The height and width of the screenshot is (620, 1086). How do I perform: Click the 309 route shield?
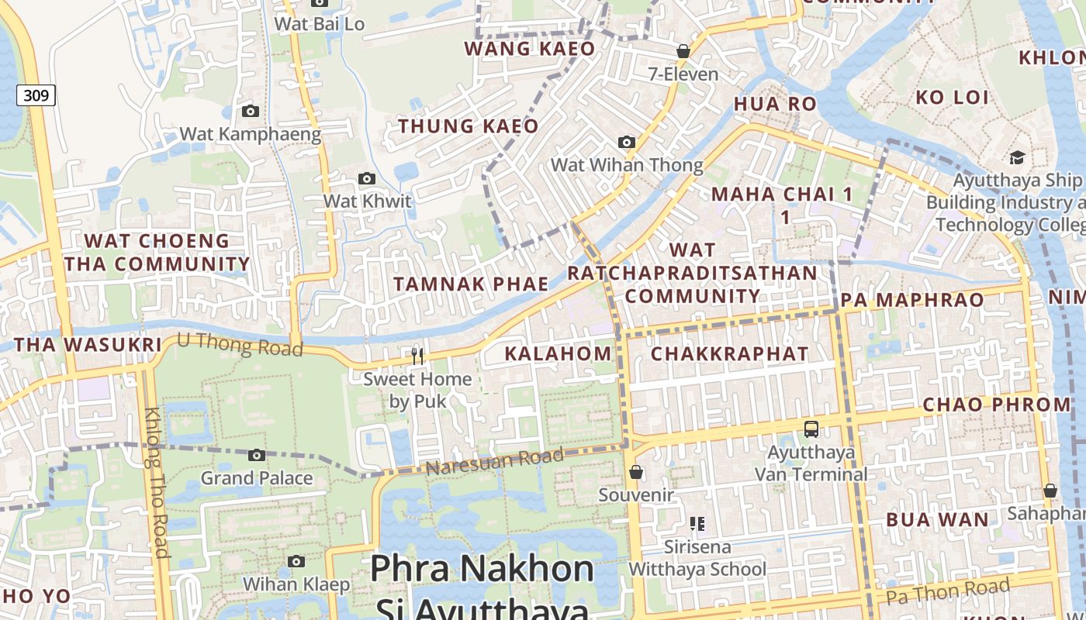[x=36, y=95]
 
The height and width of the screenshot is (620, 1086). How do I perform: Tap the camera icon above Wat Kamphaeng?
[x=250, y=112]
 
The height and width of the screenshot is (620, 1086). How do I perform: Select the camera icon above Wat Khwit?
[x=366, y=179]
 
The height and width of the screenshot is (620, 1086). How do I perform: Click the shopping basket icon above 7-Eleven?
[x=683, y=51]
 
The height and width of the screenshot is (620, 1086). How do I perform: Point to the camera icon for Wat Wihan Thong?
[x=626, y=143]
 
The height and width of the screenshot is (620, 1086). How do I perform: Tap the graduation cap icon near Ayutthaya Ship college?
[x=1016, y=158]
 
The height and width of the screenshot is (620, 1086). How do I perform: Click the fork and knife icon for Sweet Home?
[x=417, y=356]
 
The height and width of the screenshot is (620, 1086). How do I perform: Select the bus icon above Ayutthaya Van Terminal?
[x=811, y=429]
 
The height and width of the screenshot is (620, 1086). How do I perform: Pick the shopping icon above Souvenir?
[x=636, y=471]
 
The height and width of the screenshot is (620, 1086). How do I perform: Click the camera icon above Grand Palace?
[x=257, y=455]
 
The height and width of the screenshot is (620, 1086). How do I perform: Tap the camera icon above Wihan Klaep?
[x=296, y=561]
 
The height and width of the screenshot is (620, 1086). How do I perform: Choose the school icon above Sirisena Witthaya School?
[x=697, y=524]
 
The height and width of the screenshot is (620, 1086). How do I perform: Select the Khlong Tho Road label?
[x=156, y=482]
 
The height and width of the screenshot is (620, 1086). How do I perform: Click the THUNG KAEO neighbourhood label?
[x=468, y=126]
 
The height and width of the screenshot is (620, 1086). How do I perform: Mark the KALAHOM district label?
[x=558, y=354]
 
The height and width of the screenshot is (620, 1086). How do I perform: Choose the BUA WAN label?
[x=937, y=519]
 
